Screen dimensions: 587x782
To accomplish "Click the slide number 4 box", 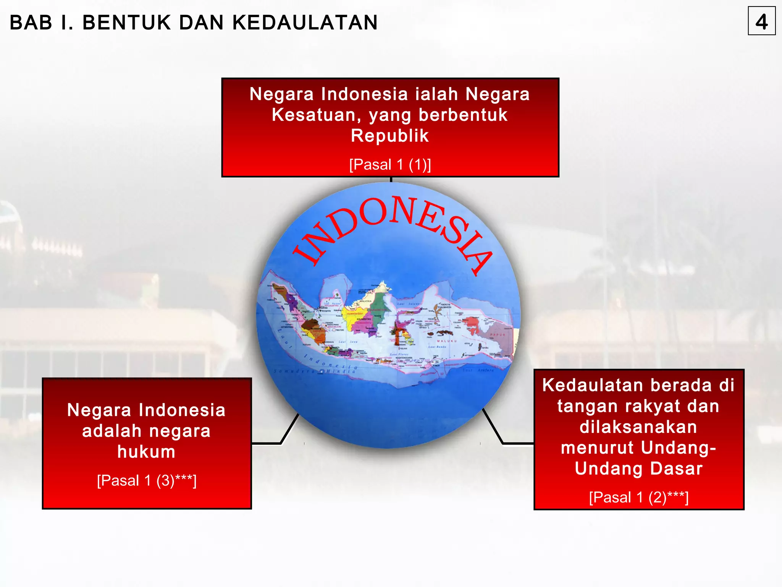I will point(761,21).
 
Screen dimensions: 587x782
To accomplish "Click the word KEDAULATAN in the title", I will point(305,23).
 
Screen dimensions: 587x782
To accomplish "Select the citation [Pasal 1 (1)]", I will point(390,165).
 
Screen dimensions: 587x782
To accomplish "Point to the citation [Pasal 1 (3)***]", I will point(147,480).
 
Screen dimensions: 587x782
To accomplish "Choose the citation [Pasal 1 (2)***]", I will point(638,497).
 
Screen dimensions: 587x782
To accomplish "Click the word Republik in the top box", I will point(390,136).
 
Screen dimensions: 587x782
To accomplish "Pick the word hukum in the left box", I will point(146,452).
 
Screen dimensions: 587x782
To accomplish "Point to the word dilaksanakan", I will point(638,427).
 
